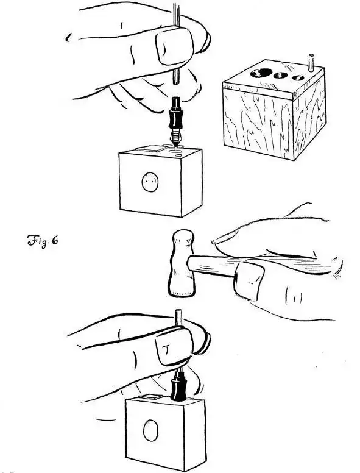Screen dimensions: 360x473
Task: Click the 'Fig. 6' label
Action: coord(43,241)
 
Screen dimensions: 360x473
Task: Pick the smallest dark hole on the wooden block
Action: coord(298,78)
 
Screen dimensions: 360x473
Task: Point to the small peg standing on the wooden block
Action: coord(311,63)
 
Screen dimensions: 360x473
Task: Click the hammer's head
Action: coord(180,263)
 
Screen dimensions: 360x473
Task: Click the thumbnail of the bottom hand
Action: coord(174,346)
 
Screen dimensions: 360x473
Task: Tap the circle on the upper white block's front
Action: coord(150,182)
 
